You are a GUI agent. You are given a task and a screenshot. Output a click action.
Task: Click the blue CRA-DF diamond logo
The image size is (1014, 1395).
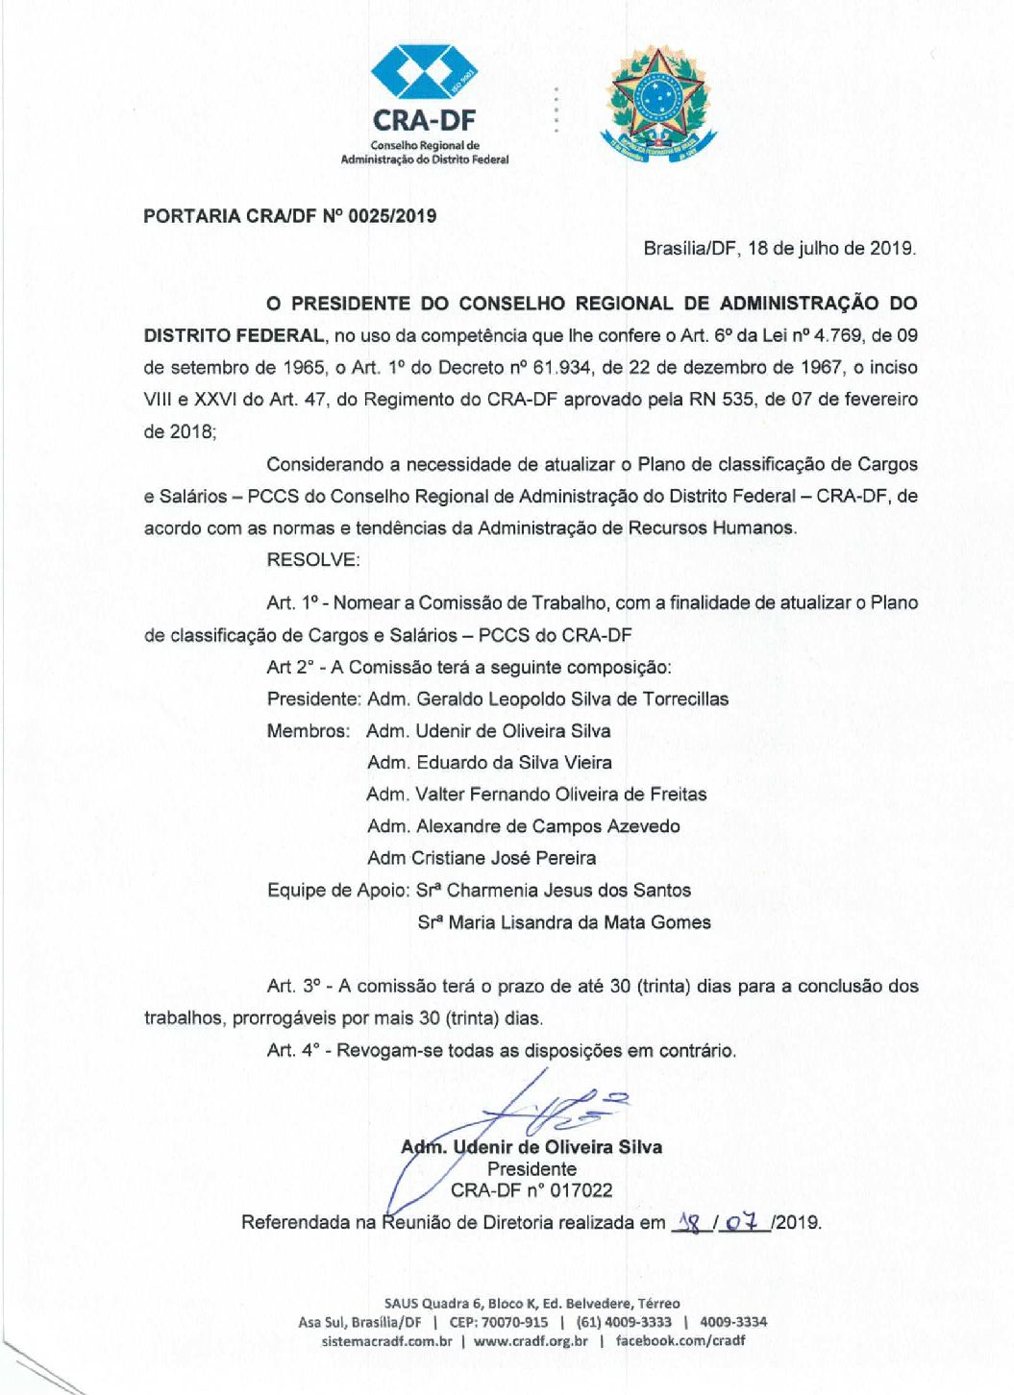click(424, 73)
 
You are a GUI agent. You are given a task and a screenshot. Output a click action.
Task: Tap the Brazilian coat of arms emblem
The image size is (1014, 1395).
click(658, 102)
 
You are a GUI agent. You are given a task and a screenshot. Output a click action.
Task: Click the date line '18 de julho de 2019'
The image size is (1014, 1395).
click(830, 248)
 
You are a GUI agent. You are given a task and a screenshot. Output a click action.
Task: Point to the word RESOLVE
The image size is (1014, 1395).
click(313, 560)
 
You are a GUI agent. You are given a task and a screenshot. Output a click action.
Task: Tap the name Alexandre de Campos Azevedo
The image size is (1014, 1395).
click(548, 826)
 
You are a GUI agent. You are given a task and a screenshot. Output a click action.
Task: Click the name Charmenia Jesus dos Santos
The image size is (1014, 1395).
click(569, 891)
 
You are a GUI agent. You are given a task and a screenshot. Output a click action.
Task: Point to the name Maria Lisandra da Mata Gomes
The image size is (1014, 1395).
click(580, 922)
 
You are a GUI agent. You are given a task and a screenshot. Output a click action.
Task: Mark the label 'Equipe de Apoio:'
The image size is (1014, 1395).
click(338, 891)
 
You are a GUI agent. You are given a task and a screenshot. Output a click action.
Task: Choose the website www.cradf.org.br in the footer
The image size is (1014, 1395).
click(531, 1341)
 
